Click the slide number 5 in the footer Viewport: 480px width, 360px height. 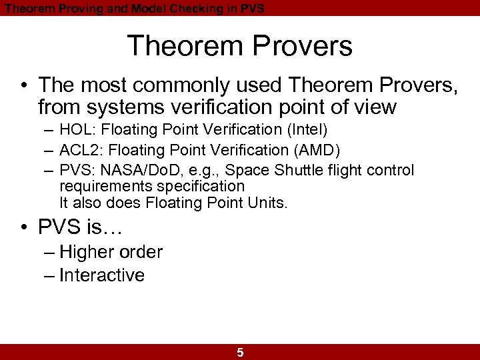click(240, 353)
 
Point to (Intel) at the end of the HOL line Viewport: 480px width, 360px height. click(307, 129)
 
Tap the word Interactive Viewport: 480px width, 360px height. click(102, 275)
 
